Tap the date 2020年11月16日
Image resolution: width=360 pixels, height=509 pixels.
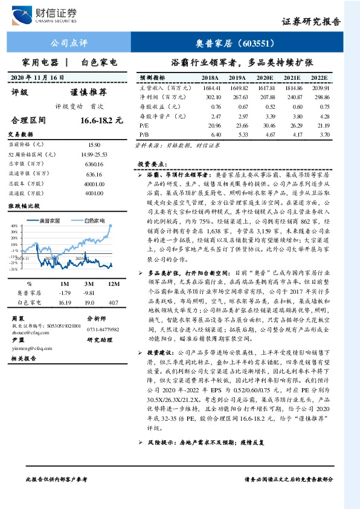(x=38, y=78)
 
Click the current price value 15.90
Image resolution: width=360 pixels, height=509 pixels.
(x=94, y=145)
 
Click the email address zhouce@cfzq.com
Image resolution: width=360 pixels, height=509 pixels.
(x=30, y=331)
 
